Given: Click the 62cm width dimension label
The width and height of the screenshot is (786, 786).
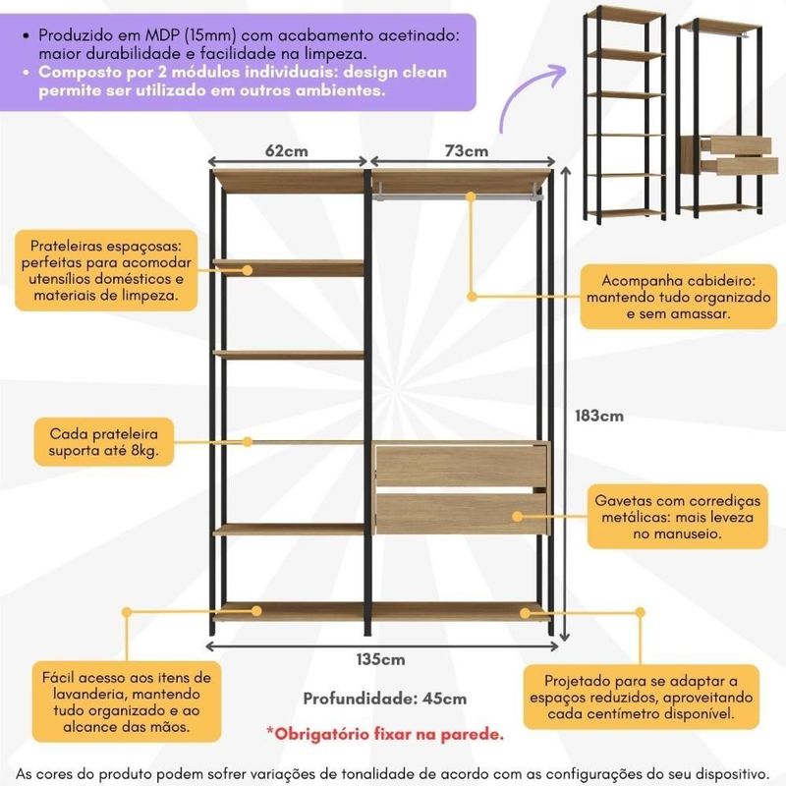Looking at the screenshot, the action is (286, 151).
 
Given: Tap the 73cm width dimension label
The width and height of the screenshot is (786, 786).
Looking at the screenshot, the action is (466, 151).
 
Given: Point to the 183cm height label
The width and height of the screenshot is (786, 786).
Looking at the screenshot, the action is (599, 416).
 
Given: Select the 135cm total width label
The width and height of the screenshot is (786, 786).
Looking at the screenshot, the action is (381, 659).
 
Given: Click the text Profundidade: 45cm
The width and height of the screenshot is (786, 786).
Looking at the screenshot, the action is (385, 699).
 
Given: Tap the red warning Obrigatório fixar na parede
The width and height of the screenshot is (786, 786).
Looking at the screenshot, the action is (385, 734).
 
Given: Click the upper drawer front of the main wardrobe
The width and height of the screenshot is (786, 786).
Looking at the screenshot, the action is (461, 465).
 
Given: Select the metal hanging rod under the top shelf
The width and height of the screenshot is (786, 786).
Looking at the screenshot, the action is (457, 196).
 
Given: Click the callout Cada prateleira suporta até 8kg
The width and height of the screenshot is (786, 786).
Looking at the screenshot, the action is (104, 442).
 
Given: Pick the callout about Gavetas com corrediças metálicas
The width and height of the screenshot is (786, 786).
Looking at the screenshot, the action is (677, 517).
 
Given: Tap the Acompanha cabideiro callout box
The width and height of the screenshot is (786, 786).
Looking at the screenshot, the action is (678, 297).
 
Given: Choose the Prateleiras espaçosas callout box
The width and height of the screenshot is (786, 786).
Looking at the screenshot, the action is (106, 270).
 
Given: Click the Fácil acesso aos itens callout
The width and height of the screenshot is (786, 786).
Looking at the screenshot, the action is (127, 702).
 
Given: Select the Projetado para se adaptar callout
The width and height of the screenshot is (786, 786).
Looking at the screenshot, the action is (642, 697).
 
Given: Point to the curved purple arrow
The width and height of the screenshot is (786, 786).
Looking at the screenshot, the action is (532, 97).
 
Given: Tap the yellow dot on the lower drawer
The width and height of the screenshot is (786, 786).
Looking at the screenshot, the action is (518, 517).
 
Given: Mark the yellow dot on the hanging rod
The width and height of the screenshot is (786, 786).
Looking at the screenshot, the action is (471, 197).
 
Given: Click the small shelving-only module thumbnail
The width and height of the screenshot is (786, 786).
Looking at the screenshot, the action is (625, 113).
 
